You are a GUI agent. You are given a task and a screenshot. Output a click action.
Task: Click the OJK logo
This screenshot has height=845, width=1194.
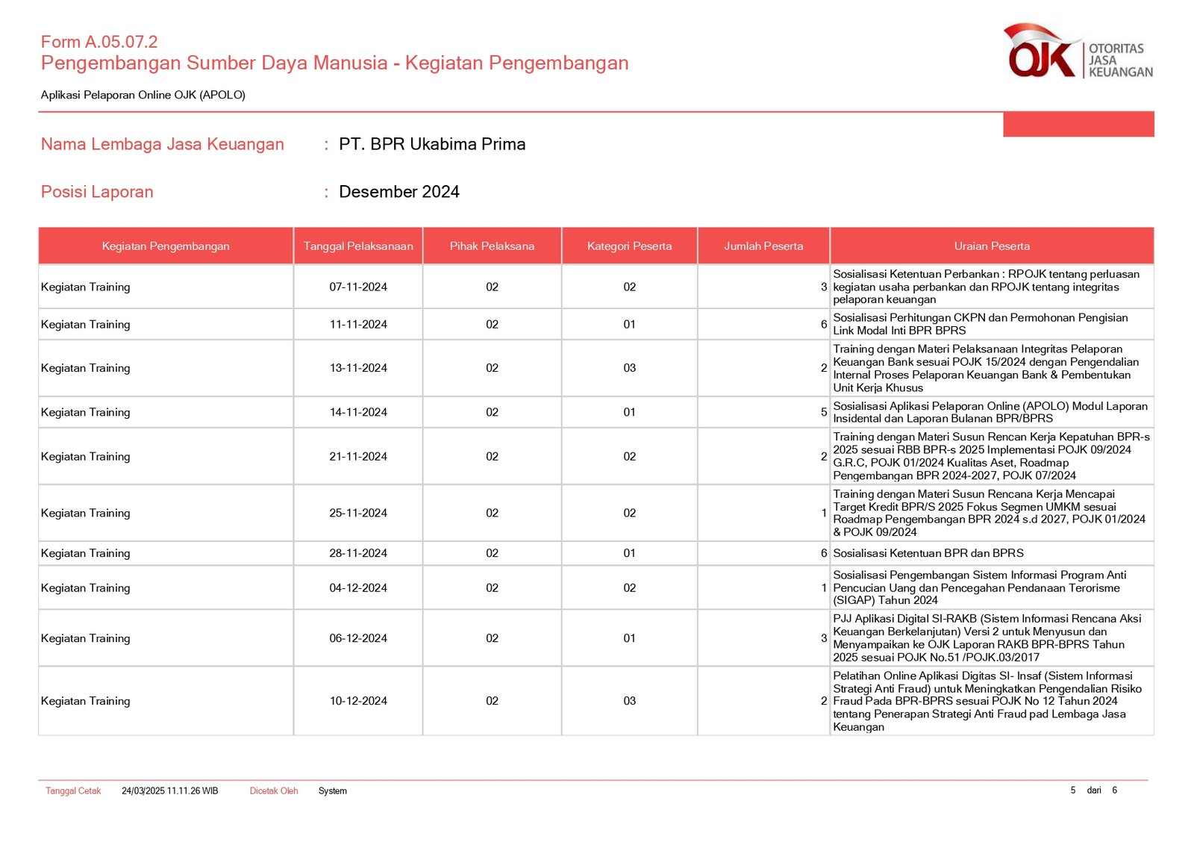pyautogui.click(x=1078, y=52)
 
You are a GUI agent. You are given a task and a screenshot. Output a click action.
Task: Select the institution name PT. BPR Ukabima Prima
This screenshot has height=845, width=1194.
pyautogui.click(x=432, y=144)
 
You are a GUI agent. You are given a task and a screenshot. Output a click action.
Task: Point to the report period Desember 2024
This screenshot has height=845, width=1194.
pyautogui.click(x=398, y=192)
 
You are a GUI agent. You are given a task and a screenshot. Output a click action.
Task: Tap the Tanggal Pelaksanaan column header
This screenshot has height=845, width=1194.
pyautogui.click(x=358, y=246)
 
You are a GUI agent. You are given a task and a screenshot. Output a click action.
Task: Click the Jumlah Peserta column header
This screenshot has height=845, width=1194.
pyautogui.click(x=763, y=246)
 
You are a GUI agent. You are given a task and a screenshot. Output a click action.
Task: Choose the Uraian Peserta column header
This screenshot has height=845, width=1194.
pyautogui.click(x=992, y=246)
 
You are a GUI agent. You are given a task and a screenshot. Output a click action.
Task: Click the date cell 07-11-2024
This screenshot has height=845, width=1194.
pyautogui.click(x=358, y=287)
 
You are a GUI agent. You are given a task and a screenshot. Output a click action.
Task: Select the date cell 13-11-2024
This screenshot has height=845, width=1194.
pyautogui.click(x=358, y=368)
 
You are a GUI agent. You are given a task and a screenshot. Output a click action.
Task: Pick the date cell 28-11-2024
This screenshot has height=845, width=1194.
pyautogui.click(x=358, y=553)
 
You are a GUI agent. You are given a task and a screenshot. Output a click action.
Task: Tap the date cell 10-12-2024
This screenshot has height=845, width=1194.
pyautogui.click(x=358, y=701)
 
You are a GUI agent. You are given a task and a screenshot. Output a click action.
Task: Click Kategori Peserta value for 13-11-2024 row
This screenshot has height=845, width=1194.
pyautogui.click(x=630, y=368)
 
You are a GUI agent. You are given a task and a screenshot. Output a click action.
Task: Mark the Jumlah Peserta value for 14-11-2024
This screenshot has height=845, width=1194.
pyautogui.click(x=823, y=412)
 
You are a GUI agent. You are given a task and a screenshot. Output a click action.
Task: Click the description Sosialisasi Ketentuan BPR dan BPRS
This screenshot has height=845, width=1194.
pyautogui.click(x=928, y=553)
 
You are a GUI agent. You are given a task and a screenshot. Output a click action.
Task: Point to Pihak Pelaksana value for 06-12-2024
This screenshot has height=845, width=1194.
pyautogui.click(x=492, y=638)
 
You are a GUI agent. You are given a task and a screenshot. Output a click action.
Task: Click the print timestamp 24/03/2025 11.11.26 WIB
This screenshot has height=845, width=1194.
pyautogui.click(x=170, y=791)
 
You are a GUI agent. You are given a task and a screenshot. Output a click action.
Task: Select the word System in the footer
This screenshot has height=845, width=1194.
pyautogui.click(x=333, y=791)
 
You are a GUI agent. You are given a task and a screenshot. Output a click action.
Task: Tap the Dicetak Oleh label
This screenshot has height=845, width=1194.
pyautogui.click(x=274, y=791)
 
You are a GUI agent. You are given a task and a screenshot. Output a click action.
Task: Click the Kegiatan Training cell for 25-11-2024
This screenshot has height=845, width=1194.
pyautogui.click(x=86, y=513)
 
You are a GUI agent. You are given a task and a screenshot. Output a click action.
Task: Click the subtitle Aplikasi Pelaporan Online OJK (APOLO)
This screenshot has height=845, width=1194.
pyautogui.click(x=143, y=95)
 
